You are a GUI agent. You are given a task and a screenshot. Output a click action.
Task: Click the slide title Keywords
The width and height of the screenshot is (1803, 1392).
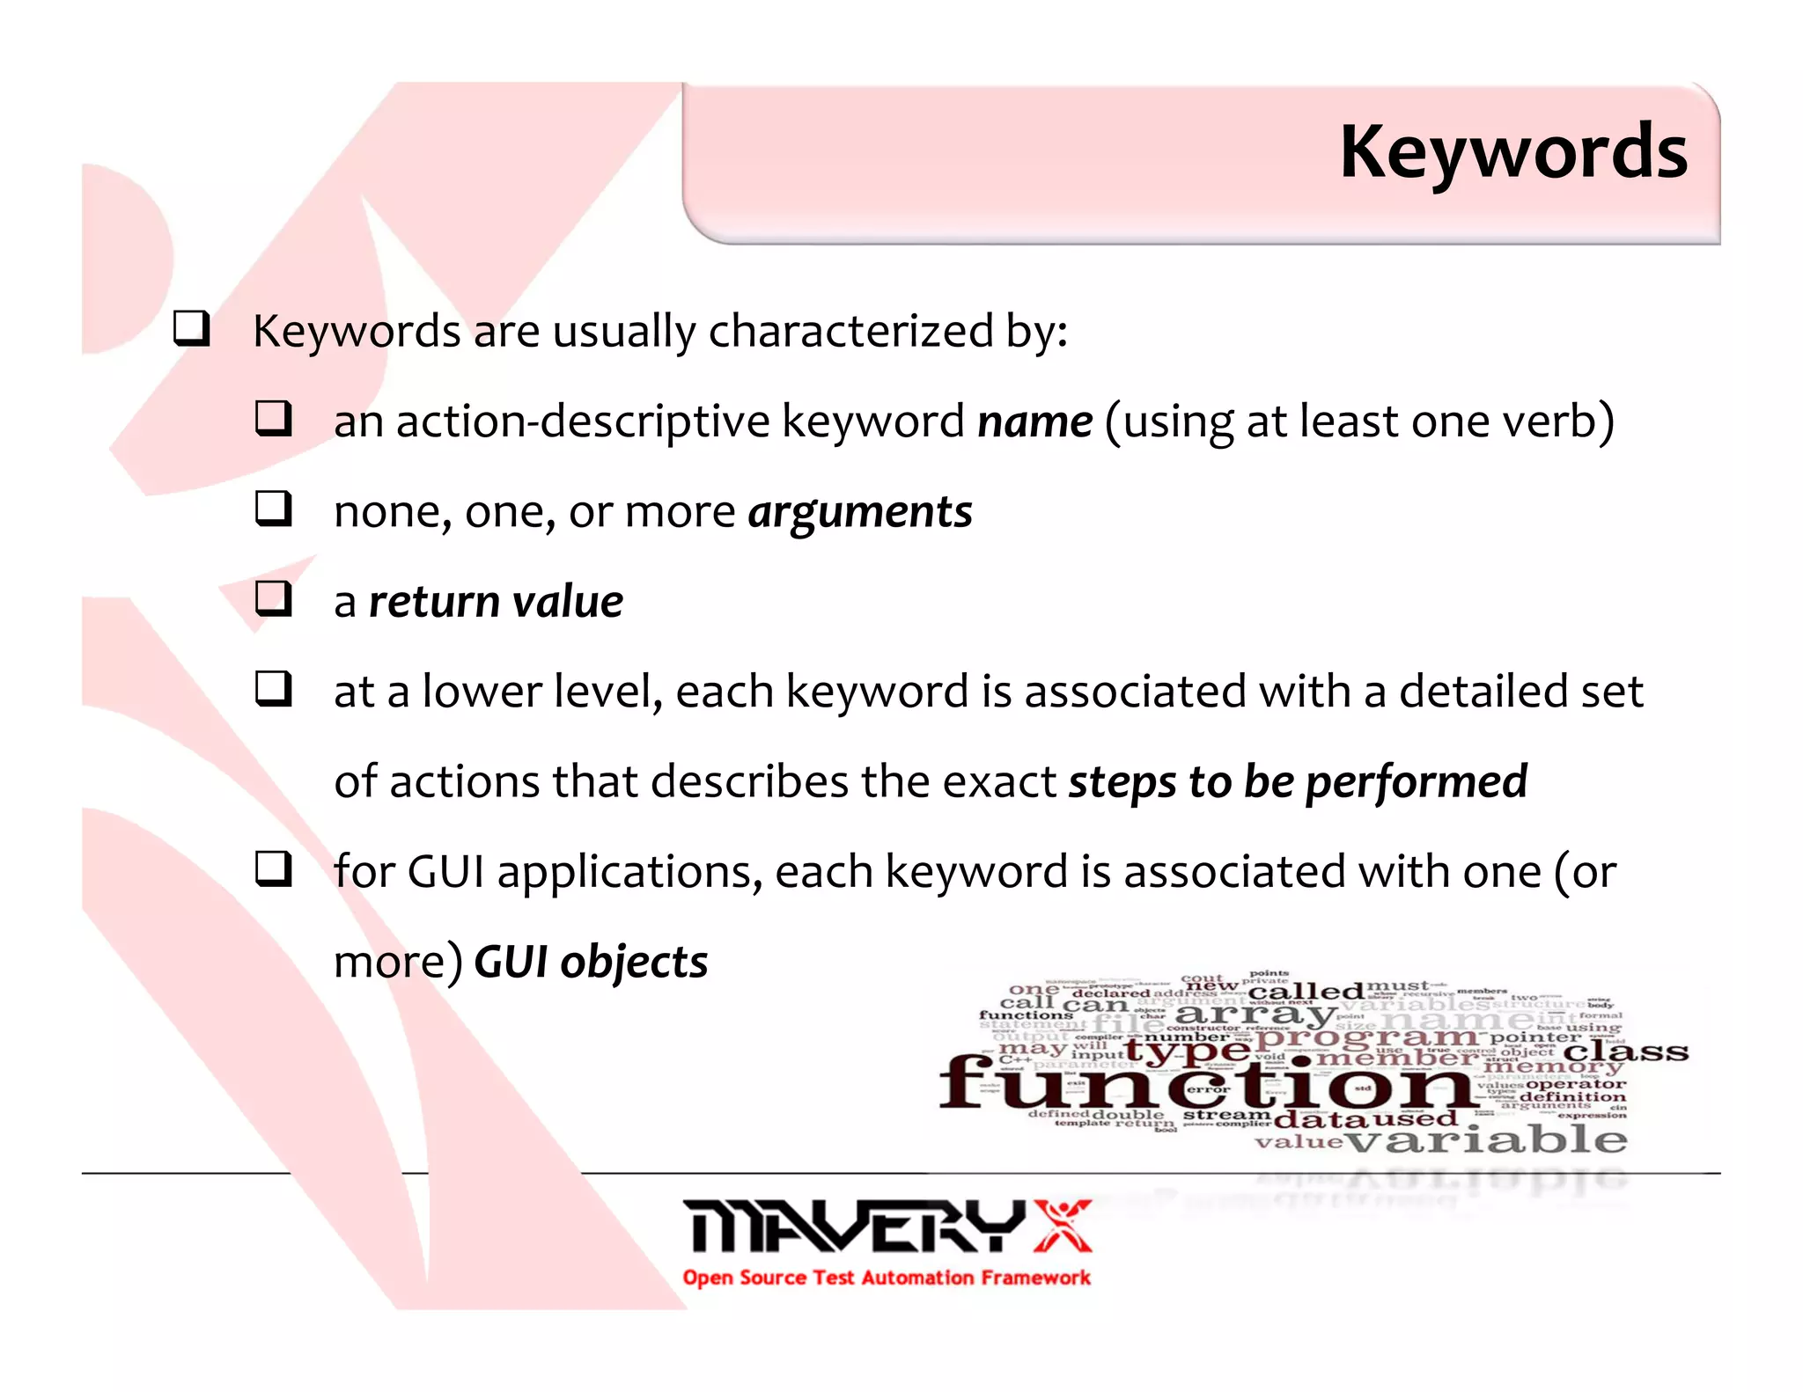tap(1512, 153)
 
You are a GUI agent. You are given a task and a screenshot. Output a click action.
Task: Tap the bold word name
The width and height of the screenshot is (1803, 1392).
tap(1035, 421)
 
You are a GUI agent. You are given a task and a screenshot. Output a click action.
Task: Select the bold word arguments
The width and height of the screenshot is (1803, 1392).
tap(860, 512)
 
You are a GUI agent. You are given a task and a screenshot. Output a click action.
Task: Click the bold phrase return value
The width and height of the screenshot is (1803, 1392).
tap(496, 603)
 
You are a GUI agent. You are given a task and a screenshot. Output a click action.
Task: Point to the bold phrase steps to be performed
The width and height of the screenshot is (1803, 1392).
tap(1298, 782)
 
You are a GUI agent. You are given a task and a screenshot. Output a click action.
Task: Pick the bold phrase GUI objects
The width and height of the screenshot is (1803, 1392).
tap(591, 962)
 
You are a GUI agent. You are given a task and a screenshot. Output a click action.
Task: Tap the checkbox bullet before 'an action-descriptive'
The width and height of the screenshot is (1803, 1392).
tap(273, 418)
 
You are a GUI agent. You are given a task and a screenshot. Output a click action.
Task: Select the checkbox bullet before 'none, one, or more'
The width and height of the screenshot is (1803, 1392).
tap(273, 509)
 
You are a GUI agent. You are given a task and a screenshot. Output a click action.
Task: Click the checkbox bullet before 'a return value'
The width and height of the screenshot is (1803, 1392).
tap(273, 599)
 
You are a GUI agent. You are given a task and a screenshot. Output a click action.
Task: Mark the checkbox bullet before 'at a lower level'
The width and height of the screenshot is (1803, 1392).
tap(273, 689)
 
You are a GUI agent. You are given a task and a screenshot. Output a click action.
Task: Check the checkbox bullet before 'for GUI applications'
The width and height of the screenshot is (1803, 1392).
tap(273, 869)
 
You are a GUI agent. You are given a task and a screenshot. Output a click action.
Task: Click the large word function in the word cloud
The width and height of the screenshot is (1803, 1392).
tap(1206, 1084)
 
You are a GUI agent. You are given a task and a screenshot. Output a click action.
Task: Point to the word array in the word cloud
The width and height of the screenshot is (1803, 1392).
tap(1254, 1014)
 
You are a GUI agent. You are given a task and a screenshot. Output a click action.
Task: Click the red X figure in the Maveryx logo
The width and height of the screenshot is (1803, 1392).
tap(1063, 1225)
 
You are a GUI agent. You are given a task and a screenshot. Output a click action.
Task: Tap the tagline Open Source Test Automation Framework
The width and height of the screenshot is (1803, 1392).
tap(886, 1278)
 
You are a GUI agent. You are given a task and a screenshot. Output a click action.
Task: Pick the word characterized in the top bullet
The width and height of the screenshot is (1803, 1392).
tap(850, 332)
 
